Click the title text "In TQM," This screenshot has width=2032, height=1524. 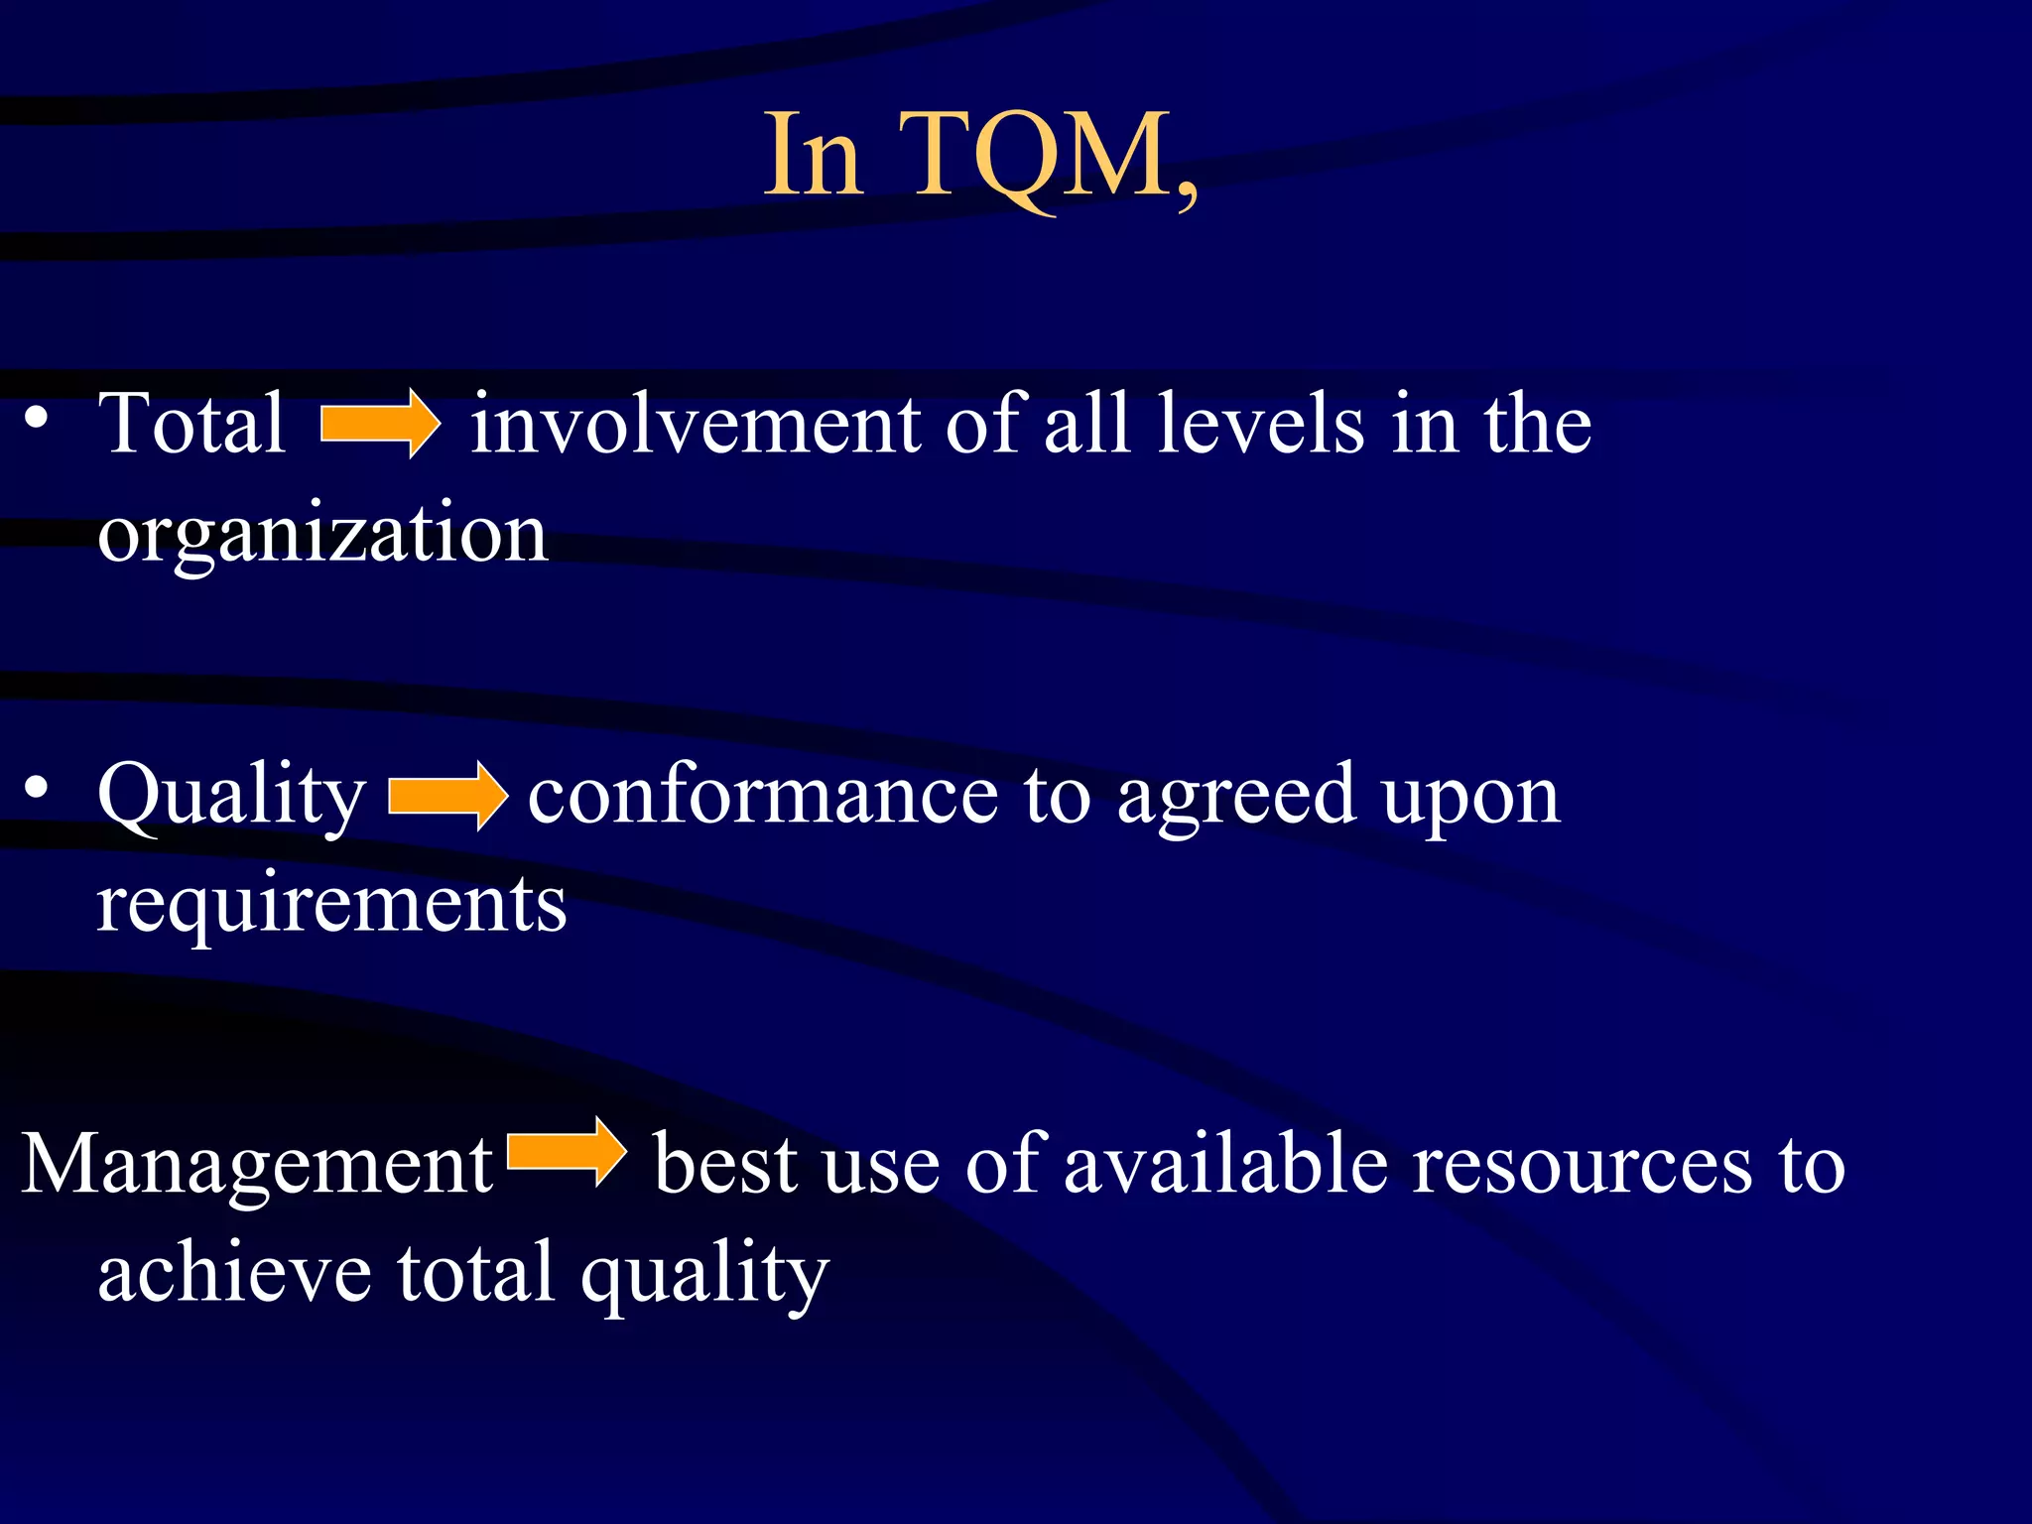pos(980,157)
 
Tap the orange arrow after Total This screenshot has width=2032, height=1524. pos(380,424)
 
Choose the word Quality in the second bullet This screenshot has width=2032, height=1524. pos(231,797)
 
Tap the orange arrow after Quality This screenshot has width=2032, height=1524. pos(447,796)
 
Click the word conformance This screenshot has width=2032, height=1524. pos(762,797)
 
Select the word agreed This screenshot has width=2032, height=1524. pos(1235,797)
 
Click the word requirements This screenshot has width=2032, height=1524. pos(331,905)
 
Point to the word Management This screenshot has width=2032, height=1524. pos(257,1165)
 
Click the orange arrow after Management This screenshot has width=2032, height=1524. pos(567,1152)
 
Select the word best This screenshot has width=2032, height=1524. pos(724,1165)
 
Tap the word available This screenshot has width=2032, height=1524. pos(1225,1165)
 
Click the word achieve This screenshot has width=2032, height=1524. pos(234,1274)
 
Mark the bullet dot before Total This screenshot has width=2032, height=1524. pos(37,418)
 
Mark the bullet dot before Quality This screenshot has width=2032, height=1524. pos(37,789)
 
